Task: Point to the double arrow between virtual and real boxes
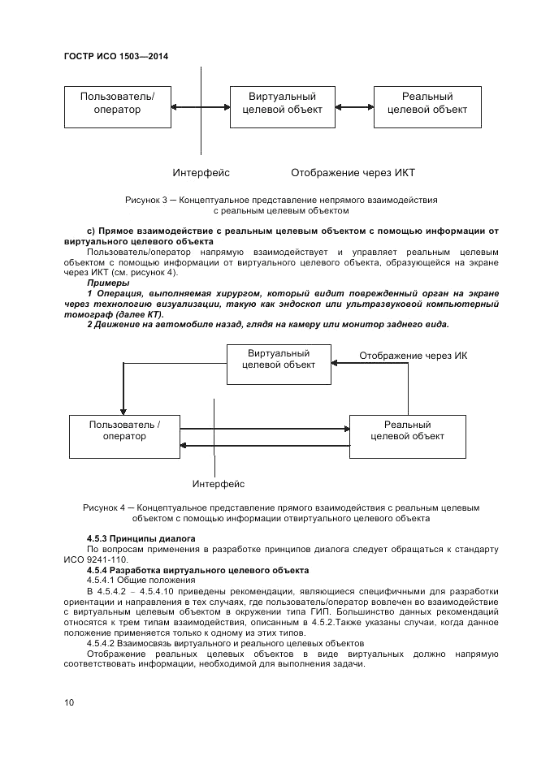coord(353,106)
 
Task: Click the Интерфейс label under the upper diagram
coord(201,173)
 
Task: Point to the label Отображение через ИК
coord(413,356)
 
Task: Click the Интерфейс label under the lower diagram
coord(219,485)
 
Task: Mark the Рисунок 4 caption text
coord(280,512)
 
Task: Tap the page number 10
coord(69,702)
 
